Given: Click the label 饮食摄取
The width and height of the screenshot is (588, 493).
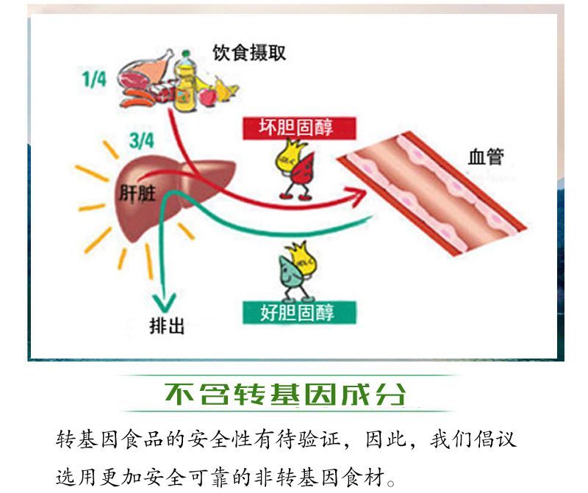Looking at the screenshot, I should [248, 53].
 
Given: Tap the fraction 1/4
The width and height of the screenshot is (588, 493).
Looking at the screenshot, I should [93, 79].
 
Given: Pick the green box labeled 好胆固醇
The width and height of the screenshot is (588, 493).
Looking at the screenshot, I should [298, 312].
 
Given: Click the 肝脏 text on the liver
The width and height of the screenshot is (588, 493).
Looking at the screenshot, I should [137, 192].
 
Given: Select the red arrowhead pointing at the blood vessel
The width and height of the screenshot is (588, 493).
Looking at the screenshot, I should [358, 195].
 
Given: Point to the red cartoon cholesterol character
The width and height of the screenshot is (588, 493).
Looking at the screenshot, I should [300, 176].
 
